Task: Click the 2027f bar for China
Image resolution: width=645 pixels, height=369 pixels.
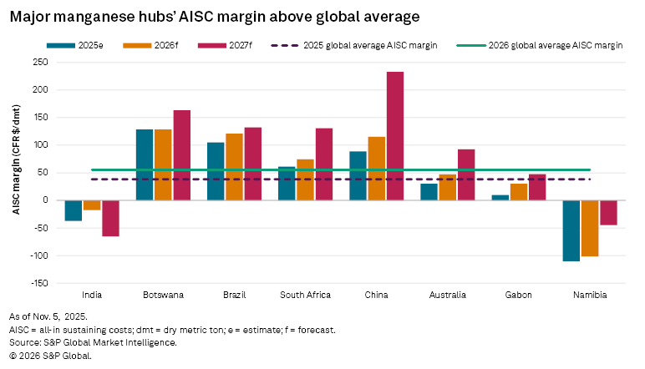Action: tap(395, 136)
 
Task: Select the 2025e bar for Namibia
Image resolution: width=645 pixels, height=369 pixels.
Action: tap(571, 230)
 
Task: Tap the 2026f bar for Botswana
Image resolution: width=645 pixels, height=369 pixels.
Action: tap(163, 164)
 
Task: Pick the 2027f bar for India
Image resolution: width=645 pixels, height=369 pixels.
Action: tap(110, 218)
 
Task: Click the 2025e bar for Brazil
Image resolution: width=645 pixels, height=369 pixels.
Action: tap(216, 171)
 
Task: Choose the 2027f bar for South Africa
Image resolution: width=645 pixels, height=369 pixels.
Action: tap(324, 164)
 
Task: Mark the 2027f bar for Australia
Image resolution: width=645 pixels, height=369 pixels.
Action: tap(466, 174)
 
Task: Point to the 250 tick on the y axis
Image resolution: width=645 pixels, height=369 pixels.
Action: tap(39, 62)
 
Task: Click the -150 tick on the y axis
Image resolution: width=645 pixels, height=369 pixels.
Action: tap(38, 283)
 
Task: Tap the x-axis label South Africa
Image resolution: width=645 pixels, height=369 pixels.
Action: tap(306, 295)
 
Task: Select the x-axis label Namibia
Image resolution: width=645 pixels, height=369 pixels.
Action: tap(590, 295)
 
